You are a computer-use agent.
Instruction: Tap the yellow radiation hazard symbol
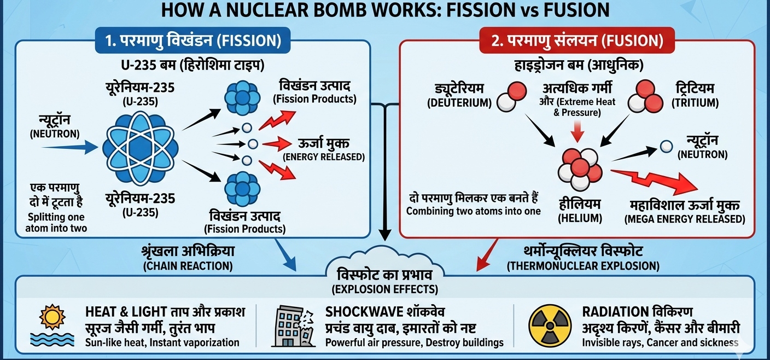[550, 326]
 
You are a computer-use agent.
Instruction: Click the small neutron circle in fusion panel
[666, 146]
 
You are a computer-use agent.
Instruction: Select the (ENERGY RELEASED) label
[323, 157]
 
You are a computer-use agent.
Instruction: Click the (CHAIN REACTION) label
[188, 266]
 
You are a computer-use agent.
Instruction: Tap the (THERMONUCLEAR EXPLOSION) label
[582, 266]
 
